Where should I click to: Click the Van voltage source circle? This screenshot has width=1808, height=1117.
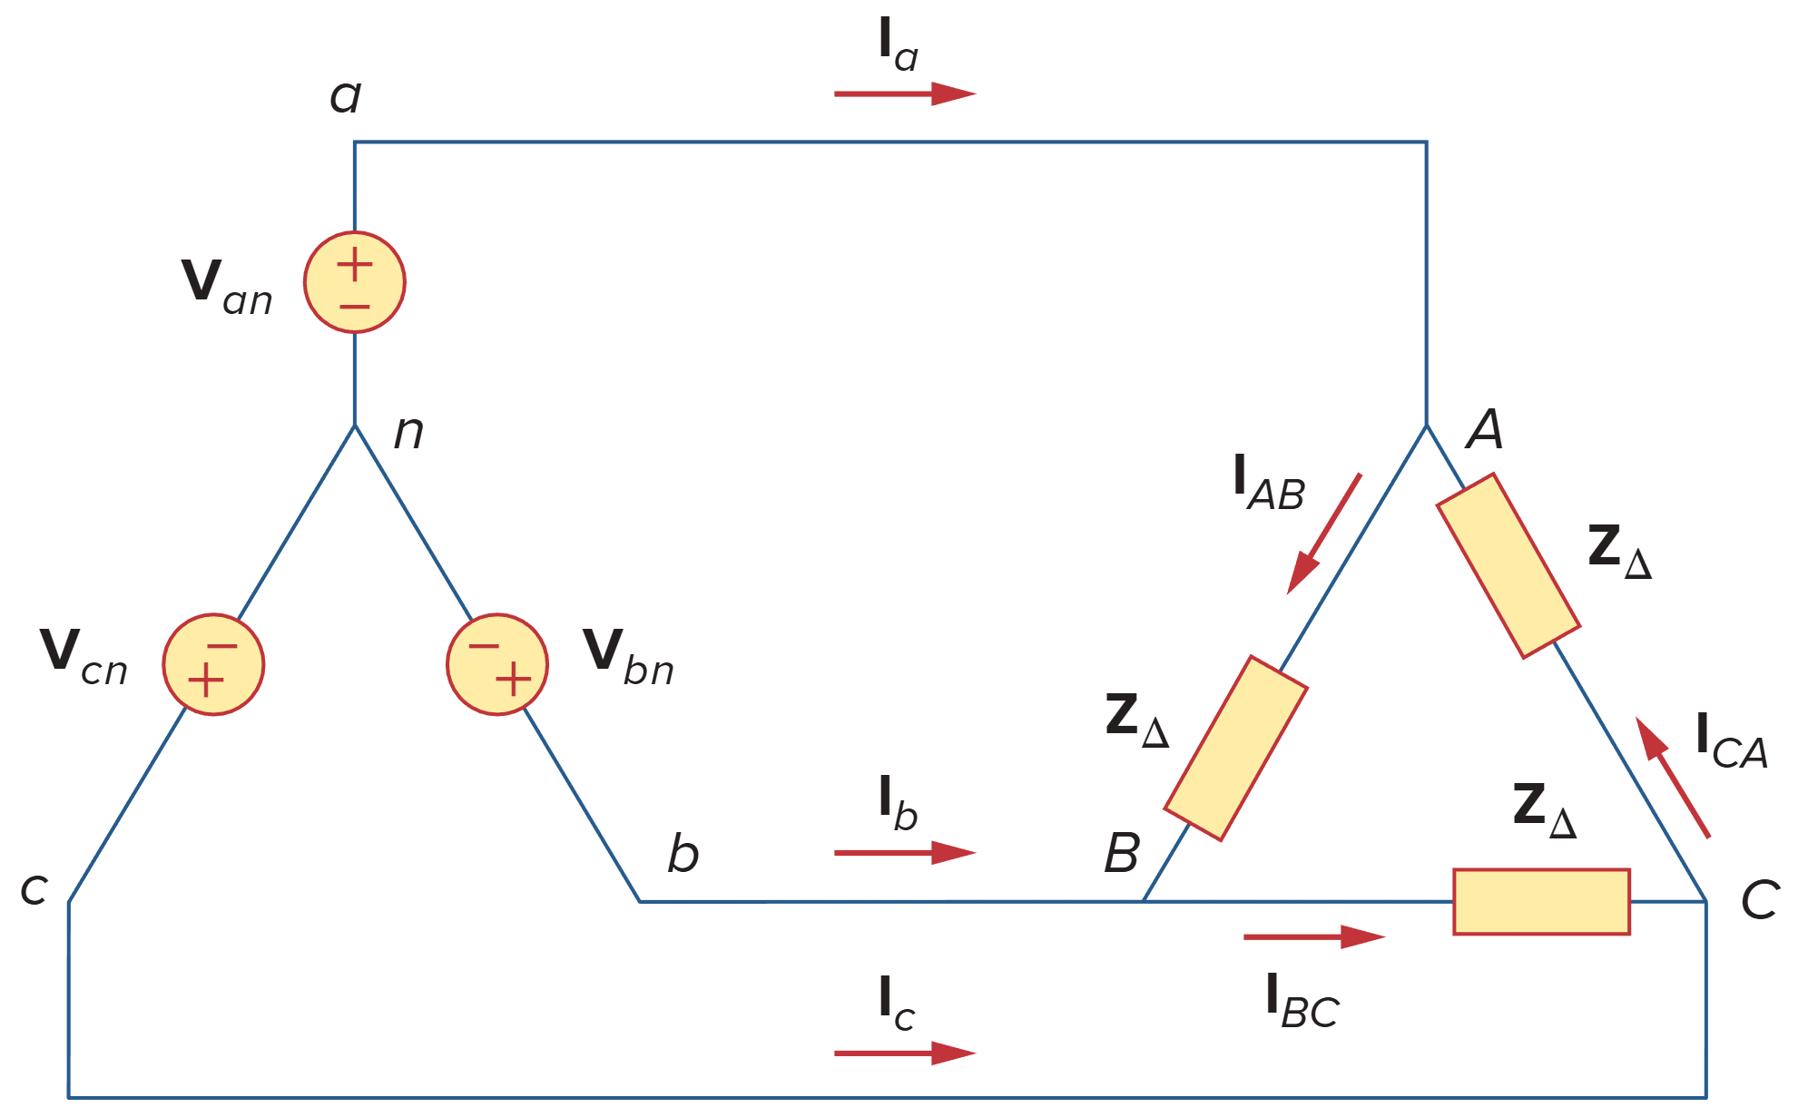tap(354, 282)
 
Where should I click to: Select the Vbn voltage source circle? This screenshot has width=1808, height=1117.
tap(496, 664)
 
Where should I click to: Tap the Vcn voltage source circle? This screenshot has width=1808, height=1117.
tap(213, 664)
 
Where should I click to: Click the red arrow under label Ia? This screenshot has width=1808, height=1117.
tap(904, 93)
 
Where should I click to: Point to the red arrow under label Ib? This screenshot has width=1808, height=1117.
tap(904, 853)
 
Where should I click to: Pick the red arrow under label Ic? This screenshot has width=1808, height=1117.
tap(904, 1053)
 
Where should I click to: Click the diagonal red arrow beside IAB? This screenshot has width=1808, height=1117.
tap(1324, 534)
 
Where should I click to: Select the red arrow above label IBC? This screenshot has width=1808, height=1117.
tap(1313, 936)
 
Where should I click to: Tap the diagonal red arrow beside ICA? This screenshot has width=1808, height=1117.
tap(1673, 777)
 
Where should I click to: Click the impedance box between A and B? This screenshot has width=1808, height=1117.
tap(1235, 749)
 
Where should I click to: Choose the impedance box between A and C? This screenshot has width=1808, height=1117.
tap(1508, 565)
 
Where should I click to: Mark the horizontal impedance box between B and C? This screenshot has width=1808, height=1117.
tap(1541, 901)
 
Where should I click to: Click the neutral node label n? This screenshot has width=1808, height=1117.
tap(408, 432)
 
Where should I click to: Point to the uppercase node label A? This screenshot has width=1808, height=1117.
tap(1485, 428)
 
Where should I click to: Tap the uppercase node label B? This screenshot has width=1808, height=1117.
tap(1122, 853)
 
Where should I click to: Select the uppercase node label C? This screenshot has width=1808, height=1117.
tap(1759, 900)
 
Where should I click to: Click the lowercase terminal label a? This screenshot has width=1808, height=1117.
tap(345, 96)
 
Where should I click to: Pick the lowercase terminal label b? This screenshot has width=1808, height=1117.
tap(683, 854)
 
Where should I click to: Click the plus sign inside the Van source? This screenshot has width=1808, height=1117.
tap(354, 265)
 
